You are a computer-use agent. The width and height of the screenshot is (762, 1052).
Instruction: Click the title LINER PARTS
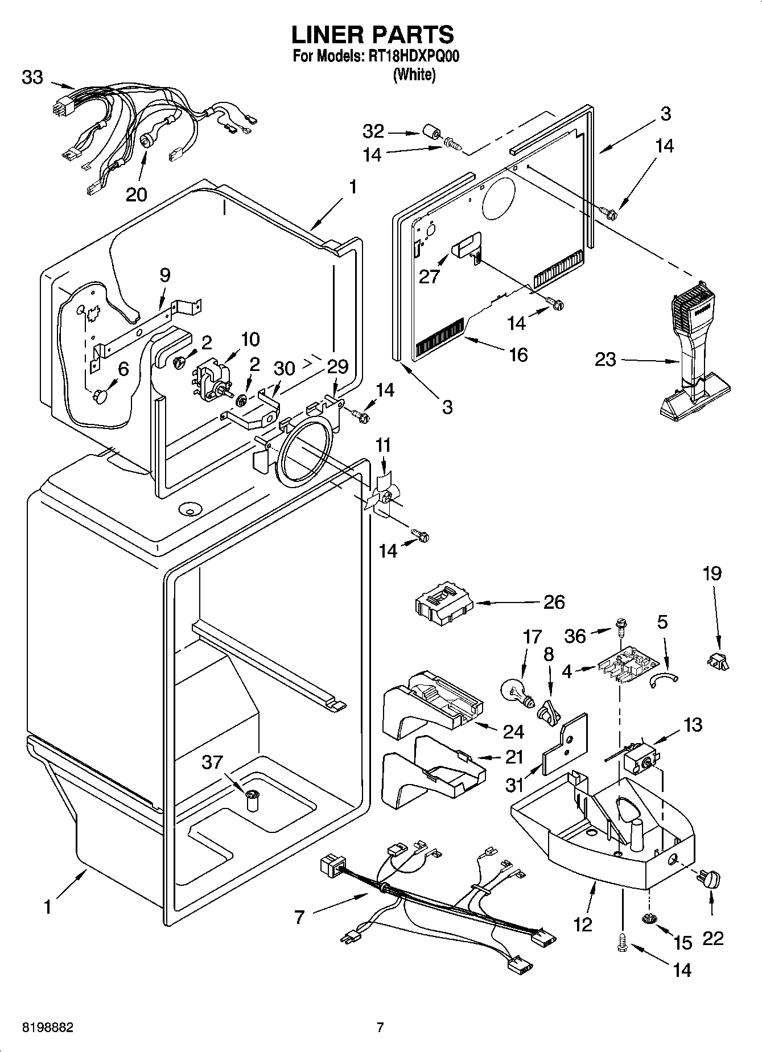pyautogui.click(x=373, y=35)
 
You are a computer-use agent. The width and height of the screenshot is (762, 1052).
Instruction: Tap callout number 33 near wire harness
pyautogui.click(x=32, y=77)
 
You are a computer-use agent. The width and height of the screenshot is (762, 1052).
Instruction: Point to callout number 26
pyautogui.click(x=554, y=601)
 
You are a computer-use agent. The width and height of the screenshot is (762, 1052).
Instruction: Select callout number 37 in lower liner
pyautogui.click(x=212, y=762)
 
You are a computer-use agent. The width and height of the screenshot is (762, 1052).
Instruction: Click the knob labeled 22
pyautogui.click(x=710, y=879)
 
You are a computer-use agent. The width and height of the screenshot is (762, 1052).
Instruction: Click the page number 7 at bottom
pyautogui.click(x=380, y=1028)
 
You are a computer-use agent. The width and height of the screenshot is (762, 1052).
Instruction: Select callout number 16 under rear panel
pyautogui.click(x=518, y=354)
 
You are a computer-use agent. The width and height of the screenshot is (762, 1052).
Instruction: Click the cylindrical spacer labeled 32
pyautogui.click(x=431, y=134)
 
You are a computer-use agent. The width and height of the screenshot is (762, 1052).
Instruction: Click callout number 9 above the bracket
pyautogui.click(x=164, y=275)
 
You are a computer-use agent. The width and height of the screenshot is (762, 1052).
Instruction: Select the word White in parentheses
pyautogui.click(x=414, y=75)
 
